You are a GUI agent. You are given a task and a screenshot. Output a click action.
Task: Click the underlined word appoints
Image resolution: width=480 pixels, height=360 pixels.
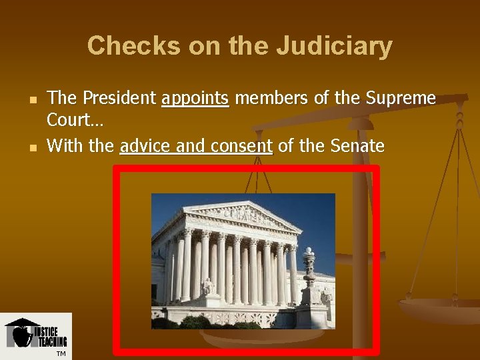[195, 99]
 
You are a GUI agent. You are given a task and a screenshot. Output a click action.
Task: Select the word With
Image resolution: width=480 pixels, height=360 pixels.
[62, 145]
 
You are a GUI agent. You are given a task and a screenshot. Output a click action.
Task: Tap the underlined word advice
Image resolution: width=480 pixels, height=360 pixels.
[143, 145]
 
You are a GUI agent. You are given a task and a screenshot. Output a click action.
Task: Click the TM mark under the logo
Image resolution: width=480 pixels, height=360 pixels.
[61, 353]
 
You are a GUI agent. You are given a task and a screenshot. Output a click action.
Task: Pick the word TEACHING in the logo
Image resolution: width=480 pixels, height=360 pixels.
[52, 343]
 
